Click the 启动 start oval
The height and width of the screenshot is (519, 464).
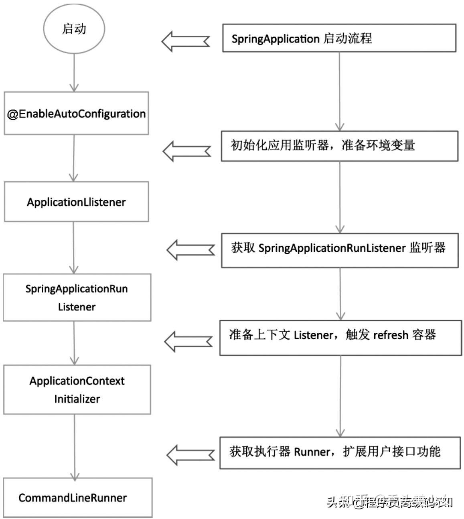tap(74, 29)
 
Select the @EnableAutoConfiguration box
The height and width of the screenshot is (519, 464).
tap(76, 114)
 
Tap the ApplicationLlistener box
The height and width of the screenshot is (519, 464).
tap(76, 201)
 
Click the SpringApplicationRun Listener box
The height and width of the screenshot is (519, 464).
tap(77, 297)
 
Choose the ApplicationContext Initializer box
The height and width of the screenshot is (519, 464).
tap(77, 389)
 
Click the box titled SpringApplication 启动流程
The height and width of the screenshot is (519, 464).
tap(339, 38)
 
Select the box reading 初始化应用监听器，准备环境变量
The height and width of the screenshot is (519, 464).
tap(339, 146)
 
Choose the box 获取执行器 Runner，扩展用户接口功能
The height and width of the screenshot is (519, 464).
tap(340, 453)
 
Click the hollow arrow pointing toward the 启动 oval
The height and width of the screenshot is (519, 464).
tap(185, 41)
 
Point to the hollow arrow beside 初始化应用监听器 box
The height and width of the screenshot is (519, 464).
tap(186, 151)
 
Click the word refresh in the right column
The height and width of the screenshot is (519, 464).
tap(390, 335)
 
